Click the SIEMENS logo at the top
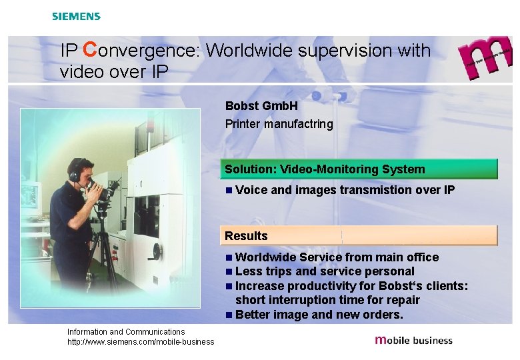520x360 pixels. click(76, 16)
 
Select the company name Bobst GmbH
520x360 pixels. click(261, 106)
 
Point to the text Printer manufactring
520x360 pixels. click(279, 124)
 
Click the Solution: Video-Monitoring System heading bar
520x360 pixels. click(360, 169)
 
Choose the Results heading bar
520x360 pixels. click(360, 236)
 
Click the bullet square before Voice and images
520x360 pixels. click(229, 190)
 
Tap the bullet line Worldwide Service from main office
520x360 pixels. click(337, 257)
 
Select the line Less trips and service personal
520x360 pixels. click(325, 271)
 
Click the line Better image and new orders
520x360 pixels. click(319, 315)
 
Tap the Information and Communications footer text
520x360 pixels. click(126, 331)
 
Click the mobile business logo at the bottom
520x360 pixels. click(414, 340)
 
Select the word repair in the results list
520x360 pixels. click(403, 300)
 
